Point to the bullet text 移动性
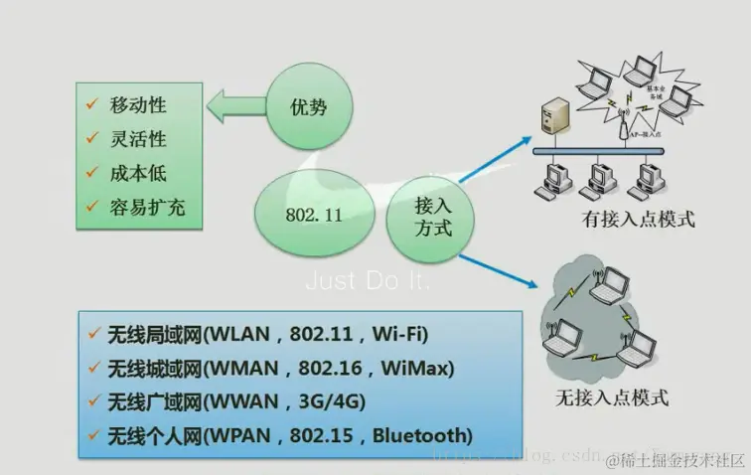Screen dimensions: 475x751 pyautogui.click(x=140, y=105)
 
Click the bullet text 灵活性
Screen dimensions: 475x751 pyautogui.click(x=140, y=138)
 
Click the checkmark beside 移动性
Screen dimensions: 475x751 pyautogui.click(x=91, y=104)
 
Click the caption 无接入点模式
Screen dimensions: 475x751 pyautogui.click(x=611, y=398)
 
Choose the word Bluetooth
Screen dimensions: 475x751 pyautogui.click(x=421, y=435)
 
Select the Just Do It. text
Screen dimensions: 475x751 pyautogui.click(x=369, y=281)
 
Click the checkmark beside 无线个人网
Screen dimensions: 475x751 pyautogui.click(x=94, y=434)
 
